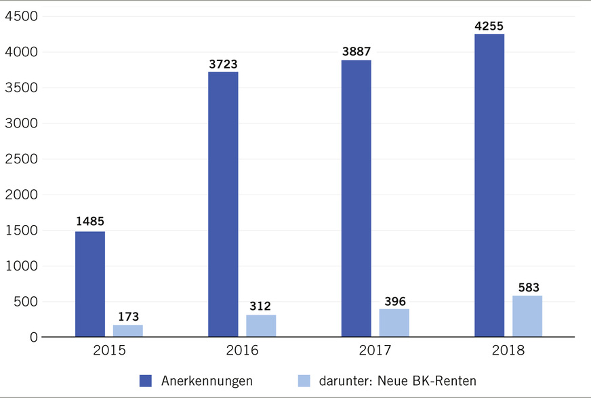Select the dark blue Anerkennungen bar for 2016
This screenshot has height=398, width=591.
coord(223,204)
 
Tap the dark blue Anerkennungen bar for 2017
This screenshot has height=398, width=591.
coord(356,198)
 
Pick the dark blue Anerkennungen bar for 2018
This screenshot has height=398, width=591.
coord(489,185)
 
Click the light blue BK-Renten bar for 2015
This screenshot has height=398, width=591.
coord(128,330)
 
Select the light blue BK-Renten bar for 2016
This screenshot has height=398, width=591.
coord(261,325)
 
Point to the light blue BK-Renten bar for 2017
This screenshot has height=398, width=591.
coord(394,323)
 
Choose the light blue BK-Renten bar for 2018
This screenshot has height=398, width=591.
coord(527,316)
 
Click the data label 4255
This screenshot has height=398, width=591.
coord(489,26)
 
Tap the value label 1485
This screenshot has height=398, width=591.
coord(90,222)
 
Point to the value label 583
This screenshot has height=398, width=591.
coord(527,287)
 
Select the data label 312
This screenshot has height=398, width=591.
coord(261,306)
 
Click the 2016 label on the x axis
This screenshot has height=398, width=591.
coord(242,352)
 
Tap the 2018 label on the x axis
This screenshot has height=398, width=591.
coord(508,352)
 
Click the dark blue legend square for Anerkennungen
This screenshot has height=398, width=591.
coord(146,381)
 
